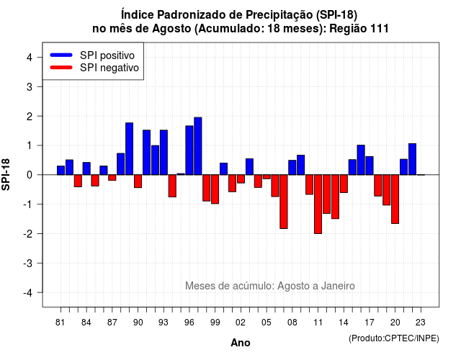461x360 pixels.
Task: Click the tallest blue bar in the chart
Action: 198,146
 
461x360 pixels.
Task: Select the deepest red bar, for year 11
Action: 318,204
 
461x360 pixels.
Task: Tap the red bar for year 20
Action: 395,199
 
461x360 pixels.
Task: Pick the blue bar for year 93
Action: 164,152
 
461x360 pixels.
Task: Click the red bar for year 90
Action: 138,181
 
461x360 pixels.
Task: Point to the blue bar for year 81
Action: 61,171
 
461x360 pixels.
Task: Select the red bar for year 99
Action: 215,189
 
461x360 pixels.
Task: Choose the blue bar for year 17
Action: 370,166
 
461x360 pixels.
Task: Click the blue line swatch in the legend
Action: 61,55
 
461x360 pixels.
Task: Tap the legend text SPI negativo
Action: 109,68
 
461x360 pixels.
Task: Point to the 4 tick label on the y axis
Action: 30,58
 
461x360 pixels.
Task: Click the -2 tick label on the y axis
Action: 28,233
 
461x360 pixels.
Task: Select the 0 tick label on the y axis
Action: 30,175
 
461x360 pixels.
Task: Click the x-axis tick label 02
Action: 241,323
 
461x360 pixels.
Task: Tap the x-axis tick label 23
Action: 421,323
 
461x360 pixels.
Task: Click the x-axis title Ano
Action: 241,343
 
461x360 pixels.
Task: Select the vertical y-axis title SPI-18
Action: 6,174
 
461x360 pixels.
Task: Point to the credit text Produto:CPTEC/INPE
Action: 394,338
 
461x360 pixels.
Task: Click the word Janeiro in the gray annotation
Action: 338,286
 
